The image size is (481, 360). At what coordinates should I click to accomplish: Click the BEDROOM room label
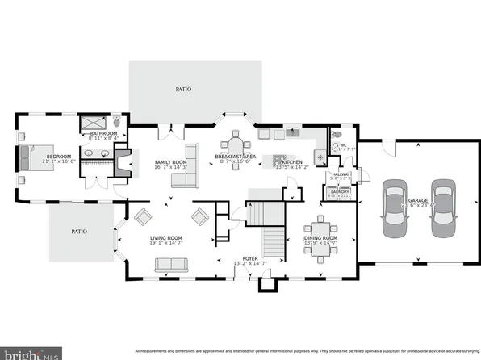(x=58, y=157)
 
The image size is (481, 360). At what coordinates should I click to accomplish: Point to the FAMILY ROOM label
(x=171, y=162)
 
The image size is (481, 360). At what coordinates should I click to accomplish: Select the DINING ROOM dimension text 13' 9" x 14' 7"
(x=322, y=243)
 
